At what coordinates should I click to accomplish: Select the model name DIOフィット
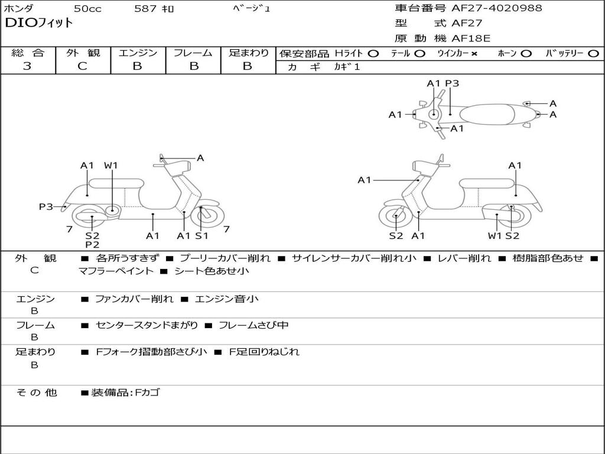coord(39,24)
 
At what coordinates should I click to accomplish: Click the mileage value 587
coord(145,9)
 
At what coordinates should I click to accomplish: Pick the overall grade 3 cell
coord(27,66)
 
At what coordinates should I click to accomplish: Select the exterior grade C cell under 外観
coord(82,66)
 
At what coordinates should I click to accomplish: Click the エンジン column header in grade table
coord(138,53)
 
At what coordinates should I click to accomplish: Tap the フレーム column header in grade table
coord(193,53)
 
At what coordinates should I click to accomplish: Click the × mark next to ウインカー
coord(474,54)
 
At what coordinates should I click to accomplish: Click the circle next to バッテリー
coord(593,54)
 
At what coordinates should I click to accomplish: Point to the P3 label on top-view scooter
coord(452,84)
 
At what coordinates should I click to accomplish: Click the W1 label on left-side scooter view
coord(111,166)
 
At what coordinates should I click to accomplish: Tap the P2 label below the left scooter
coord(92,245)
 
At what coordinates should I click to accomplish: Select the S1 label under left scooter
coord(202,236)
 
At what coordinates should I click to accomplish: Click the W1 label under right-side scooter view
coord(495,236)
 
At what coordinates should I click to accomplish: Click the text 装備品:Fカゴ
coord(125,393)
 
